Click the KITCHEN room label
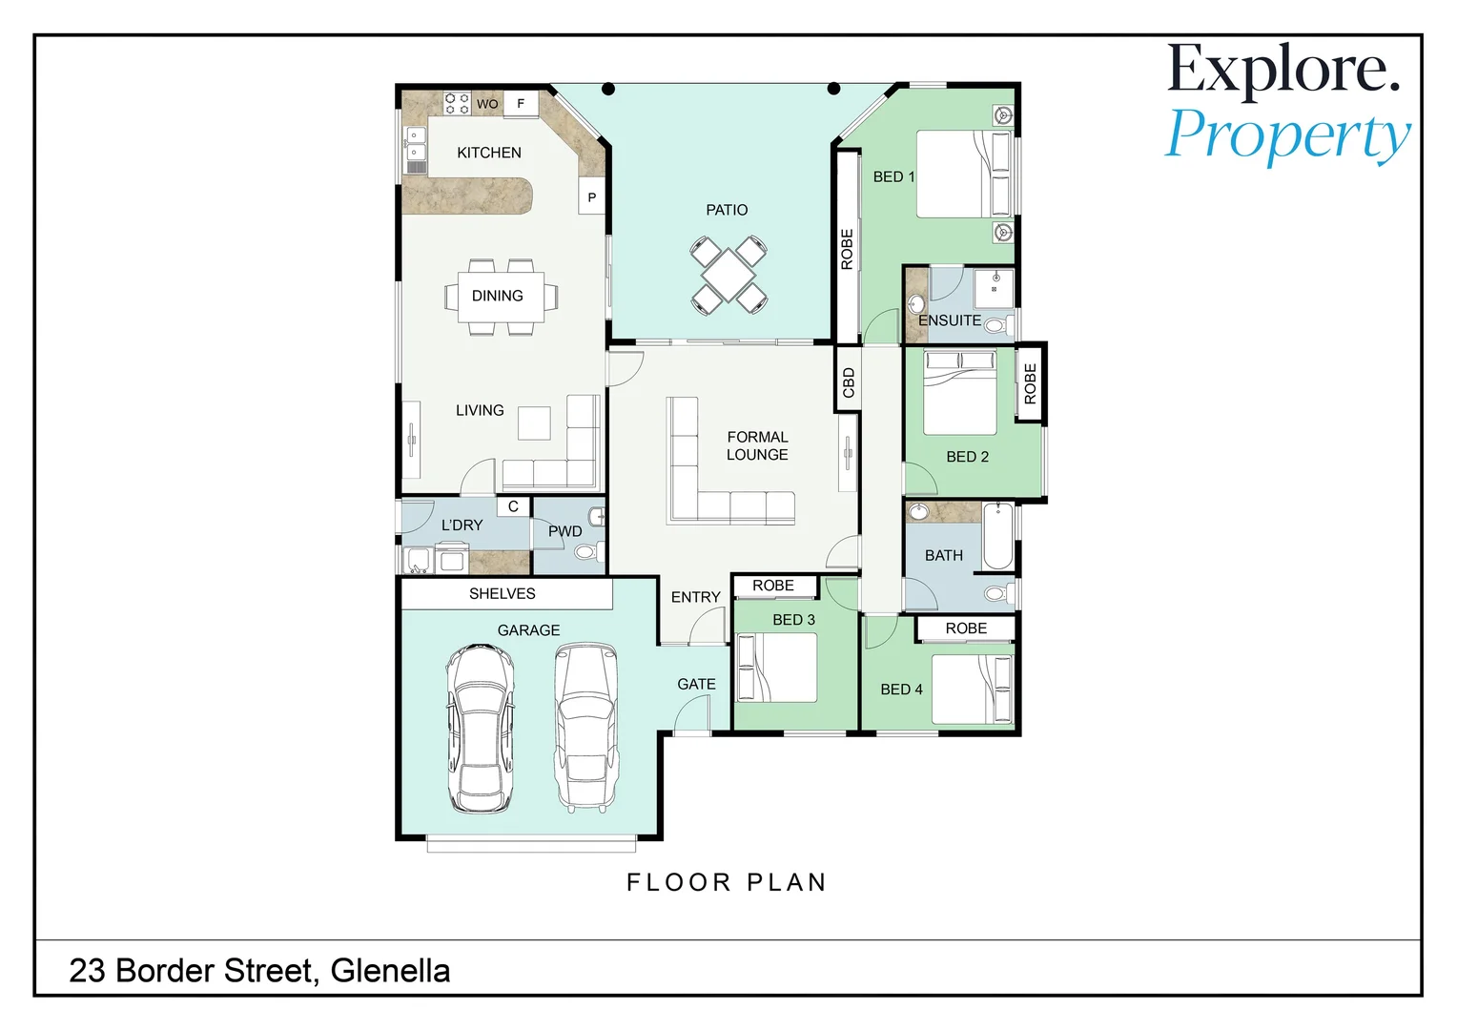click(x=489, y=153)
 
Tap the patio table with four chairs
click(x=728, y=276)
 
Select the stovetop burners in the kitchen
click(x=457, y=103)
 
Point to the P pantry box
click(x=592, y=197)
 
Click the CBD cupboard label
click(x=849, y=382)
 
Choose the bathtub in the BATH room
click(x=998, y=537)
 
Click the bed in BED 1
click(x=964, y=175)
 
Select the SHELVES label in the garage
click(x=503, y=593)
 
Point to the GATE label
click(x=697, y=684)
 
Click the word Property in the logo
click(x=1287, y=136)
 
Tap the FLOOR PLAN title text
click(x=727, y=882)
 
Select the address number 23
click(x=87, y=971)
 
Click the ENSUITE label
click(x=950, y=320)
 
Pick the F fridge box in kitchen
click(x=521, y=103)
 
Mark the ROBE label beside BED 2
click(x=1031, y=384)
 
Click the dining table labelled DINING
click(x=501, y=297)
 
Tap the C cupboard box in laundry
click(x=513, y=506)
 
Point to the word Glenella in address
click(x=390, y=971)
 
